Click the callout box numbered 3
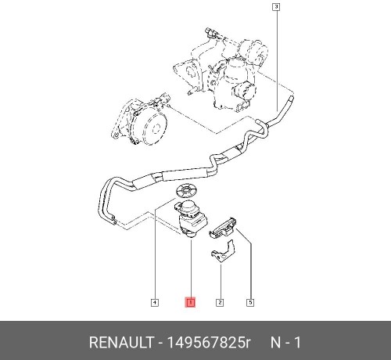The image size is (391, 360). point(276,7)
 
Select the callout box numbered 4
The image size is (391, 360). point(155,303)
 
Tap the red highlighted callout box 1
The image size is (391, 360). point(190,302)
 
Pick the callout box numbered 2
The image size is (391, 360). point(220,303)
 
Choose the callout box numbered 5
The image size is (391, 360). point(250,303)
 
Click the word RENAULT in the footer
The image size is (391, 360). point(121,342)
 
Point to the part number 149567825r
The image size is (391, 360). point(208,342)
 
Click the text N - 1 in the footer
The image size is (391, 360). point(285,342)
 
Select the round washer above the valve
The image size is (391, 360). point(186,192)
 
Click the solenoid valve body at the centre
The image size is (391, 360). point(192,218)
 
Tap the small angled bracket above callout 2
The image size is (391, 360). point(223,252)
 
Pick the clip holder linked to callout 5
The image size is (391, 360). point(223,227)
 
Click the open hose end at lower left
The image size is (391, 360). point(113,219)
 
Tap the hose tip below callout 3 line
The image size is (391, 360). point(291,99)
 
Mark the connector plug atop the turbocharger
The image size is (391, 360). point(210,32)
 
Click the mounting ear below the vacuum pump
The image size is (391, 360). point(115,135)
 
